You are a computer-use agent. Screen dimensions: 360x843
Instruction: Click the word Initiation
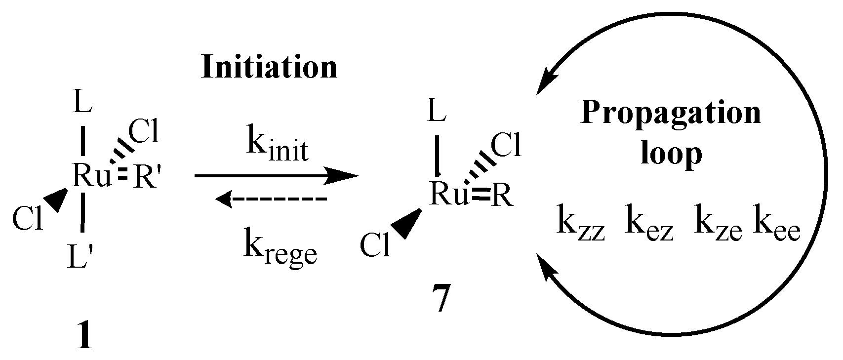coord(269,67)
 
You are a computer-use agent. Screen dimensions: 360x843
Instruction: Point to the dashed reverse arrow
coord(272,199)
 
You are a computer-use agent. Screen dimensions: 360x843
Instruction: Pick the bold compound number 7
coord(439,301)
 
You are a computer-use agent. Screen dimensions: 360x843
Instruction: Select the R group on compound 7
coord(503,197)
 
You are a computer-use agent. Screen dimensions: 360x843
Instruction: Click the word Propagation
coord(671,113)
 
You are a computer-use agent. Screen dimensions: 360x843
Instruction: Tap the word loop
coord(671,154)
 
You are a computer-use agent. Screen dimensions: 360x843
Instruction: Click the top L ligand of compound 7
coord(437,113)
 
